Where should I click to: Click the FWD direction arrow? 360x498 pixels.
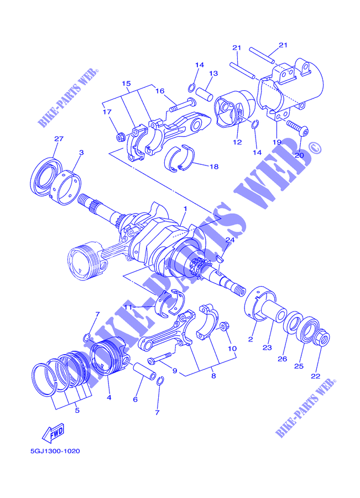pos(54,433)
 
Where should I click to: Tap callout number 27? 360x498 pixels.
pos(59,138)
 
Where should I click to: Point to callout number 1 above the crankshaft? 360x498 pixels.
pos(185,209)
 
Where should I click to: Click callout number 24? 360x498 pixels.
pos(230,240)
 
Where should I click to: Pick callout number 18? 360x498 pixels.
pos(215,167)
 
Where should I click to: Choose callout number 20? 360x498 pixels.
pos(299,155)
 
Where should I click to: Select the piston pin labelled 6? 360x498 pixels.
pos(144,370)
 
